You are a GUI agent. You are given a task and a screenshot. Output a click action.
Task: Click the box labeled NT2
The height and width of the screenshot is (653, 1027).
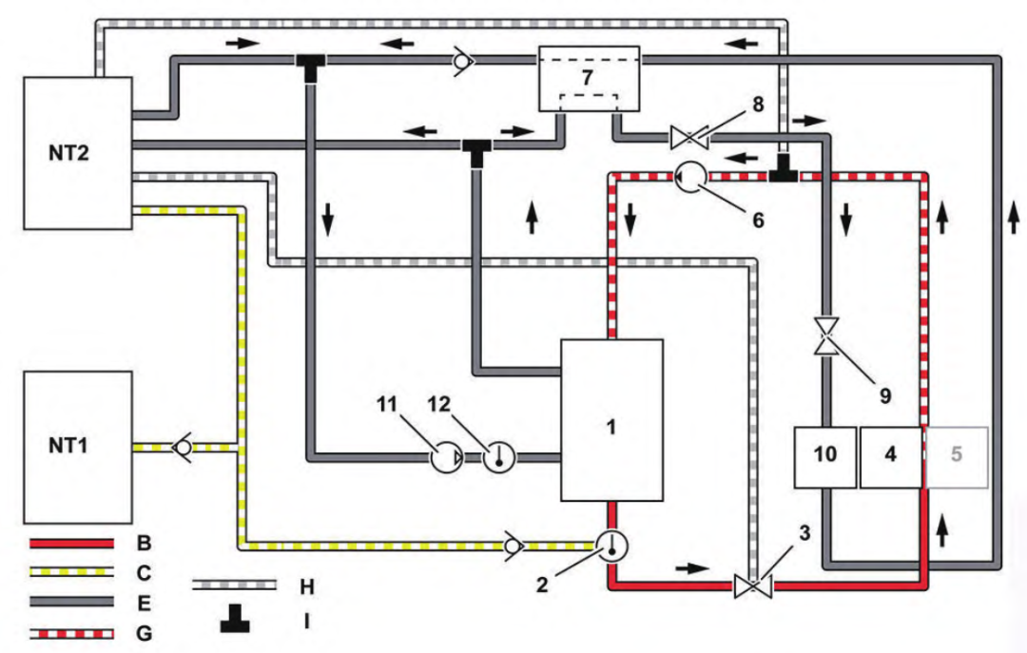[x=78, y=153]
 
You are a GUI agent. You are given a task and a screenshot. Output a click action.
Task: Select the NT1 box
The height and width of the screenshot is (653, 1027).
[x=78, y=448]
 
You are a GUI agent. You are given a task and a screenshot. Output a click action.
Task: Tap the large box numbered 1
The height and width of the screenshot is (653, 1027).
[x=611, y=420]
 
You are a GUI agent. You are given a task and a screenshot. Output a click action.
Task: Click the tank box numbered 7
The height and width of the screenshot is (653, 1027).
[x=589, y=79]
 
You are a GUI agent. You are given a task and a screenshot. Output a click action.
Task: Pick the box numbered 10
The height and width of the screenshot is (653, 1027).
[x=825, y=457]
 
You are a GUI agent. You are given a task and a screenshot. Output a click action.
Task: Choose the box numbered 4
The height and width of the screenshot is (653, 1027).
[x=891, y=457]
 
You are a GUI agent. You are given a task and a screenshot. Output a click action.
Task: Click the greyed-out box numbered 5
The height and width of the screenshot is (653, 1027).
[x=957, y=457]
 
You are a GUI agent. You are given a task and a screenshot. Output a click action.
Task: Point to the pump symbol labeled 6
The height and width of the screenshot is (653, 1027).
[x=690, y=176]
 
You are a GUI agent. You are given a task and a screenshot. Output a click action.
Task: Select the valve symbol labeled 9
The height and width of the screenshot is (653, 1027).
[x=826, y=336]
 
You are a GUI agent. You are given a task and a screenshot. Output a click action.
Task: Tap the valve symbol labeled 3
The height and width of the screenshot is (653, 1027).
[x=753, y=585]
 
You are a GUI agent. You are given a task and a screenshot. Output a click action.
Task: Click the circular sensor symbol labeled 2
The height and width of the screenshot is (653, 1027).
[x=611, y=546]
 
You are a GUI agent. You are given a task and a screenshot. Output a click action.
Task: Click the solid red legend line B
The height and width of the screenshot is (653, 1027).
[x=71, y=543]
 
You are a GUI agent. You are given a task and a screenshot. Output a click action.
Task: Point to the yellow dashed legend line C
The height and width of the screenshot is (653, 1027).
[x=71, y=572]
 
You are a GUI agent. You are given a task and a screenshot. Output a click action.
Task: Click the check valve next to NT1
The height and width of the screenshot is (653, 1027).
[x=182, y=448]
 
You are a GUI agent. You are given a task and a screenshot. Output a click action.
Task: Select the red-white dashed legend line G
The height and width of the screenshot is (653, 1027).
[x=71, y=633]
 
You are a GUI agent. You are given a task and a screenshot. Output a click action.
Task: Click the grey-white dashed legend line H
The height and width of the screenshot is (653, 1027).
[x=234, y=585]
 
